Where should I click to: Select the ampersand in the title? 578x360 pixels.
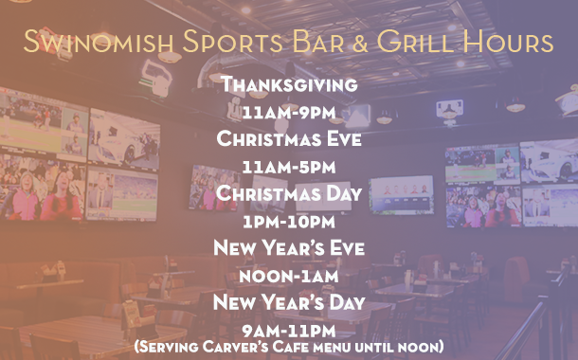[x=358, y=42]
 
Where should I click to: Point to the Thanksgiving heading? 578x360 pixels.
[x=289, y=85]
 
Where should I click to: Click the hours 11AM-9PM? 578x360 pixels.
[x=289, y=113]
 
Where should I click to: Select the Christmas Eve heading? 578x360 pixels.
[x=289, y=139]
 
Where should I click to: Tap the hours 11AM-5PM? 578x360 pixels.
[x=289, y=168]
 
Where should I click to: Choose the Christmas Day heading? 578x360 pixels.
[x=289, y=194]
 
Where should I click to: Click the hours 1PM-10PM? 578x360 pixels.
[x=289, y=222]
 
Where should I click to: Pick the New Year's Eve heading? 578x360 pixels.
[x=289, y=249]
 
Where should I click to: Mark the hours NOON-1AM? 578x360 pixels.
[x=289, y=277]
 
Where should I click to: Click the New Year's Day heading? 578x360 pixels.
[x=289, y=303]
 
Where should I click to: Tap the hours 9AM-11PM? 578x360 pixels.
[x=289, y=331]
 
